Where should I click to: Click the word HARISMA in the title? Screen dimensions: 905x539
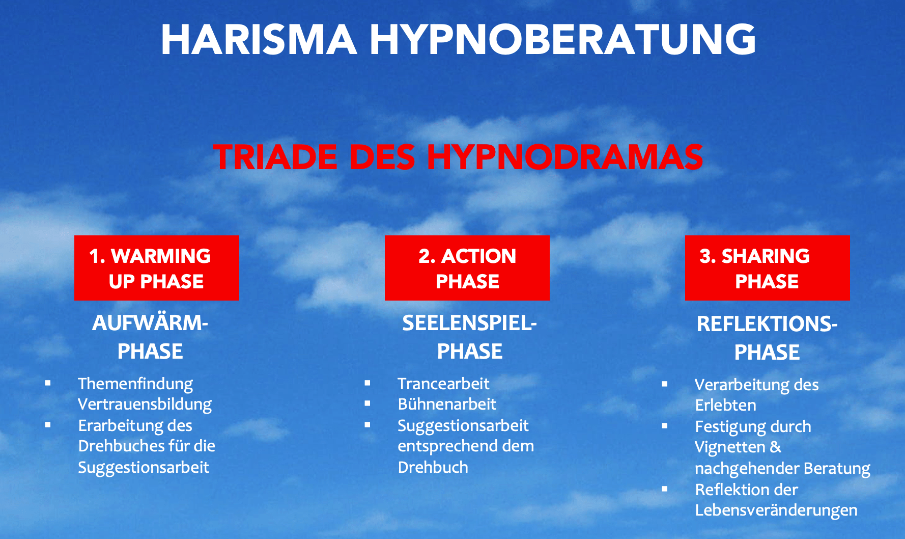(259, 40)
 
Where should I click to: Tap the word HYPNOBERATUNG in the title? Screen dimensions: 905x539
(563, 40)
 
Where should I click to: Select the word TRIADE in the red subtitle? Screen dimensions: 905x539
(275, 157)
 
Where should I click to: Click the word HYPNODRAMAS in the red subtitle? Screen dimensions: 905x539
(565, 157)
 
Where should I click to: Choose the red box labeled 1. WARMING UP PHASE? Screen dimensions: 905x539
(157, 268)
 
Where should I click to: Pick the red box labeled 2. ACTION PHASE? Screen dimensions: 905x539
(467, 268)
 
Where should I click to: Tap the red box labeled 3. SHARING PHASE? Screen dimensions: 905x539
(768, 268)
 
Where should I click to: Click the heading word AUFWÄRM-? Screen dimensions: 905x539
(150, 322)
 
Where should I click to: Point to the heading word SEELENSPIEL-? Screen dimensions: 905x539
(470, 323)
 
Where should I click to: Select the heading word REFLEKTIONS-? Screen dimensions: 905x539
(767, 324)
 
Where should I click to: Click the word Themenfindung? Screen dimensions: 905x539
(135, 384)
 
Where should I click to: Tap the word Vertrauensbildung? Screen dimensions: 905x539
(145, 405)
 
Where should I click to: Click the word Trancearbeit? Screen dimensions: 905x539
(443, 384)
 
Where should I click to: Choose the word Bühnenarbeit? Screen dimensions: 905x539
(447, 405)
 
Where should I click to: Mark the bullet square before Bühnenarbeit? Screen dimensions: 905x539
(367, 403)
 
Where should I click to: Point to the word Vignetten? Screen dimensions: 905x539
(730, 447)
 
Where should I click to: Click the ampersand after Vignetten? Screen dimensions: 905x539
(776, 447)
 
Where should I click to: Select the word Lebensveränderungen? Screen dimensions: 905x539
(776, 510)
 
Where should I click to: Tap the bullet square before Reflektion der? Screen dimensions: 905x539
(665, 489)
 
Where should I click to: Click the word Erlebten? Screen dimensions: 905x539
(726, 406)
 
